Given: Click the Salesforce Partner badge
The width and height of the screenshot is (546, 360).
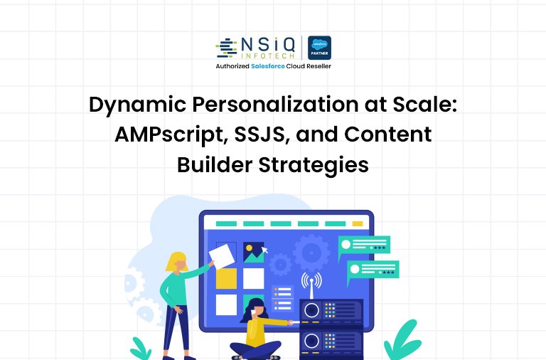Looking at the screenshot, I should tap(319, 48).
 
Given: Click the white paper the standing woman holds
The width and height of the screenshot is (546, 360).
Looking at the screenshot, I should tap(223, 253).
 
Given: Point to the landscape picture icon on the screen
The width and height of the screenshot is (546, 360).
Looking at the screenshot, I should tap(252, 252).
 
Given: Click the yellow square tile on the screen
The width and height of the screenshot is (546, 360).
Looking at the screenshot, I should tap(226, 278).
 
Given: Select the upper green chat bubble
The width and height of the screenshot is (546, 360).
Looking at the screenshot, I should tap(364, 245).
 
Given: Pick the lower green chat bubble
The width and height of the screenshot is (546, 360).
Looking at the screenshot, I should tap(373, 270).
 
